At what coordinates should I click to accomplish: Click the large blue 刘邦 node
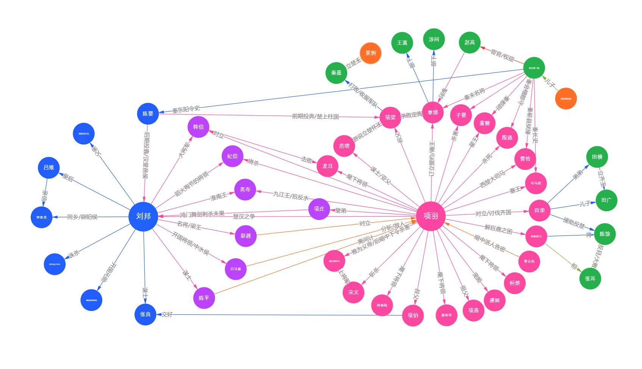click(143, 217)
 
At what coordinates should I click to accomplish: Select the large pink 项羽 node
click(431, 216)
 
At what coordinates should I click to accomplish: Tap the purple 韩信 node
click(198, 127)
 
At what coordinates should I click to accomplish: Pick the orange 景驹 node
click(370, 53)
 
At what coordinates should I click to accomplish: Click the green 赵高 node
click(470, 42)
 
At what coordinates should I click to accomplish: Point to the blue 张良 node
click(145, 314)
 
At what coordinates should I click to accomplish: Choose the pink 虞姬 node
click(495, 300)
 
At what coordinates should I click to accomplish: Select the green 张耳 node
click(590, 279)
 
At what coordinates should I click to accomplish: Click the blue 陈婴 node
click(148, 114)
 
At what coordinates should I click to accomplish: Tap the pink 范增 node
click(344, 146)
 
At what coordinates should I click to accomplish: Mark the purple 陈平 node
click(204, 298)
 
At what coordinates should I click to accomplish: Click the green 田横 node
click(597, 157)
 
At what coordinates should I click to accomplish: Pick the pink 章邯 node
click(432, 113)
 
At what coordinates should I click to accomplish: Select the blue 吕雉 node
click(49, 168)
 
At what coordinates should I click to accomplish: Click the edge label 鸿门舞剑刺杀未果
click(202, 214)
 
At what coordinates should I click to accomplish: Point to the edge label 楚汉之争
click(244, 217)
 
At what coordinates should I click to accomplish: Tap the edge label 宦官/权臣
click(503, 55)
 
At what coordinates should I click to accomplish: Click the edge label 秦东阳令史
click(186, 110)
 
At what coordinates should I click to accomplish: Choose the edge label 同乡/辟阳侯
click(82, 217)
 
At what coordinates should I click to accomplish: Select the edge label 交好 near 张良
click(167, 314)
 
